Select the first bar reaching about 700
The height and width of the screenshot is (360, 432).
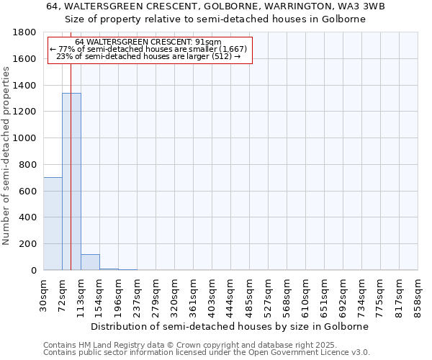(x=53, y=223)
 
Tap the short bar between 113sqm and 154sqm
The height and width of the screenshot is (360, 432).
(x=90, y=262)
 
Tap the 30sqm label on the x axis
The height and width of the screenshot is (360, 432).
(x=43, y=295)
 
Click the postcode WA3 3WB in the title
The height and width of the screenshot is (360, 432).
(x=339, y=6)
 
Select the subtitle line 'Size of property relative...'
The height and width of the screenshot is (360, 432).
(x=215, y=19)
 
